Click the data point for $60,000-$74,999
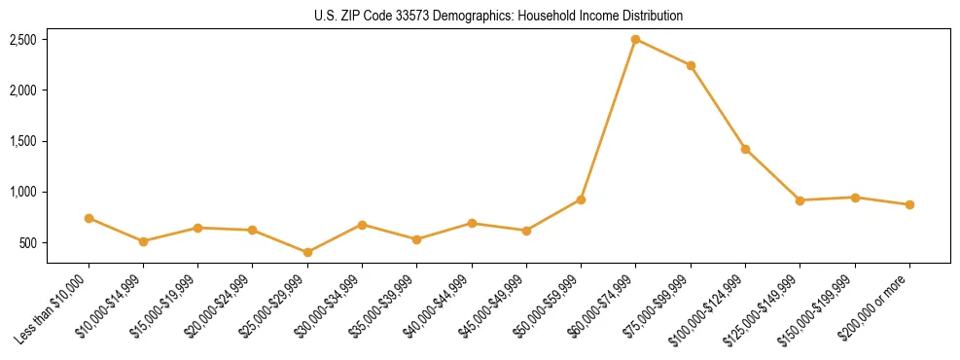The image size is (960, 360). [635, 40]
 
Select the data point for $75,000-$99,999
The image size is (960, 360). [691, 65]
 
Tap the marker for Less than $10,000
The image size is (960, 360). [89, 218]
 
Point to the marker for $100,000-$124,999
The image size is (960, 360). [745, 149]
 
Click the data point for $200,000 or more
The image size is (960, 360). [909, 204]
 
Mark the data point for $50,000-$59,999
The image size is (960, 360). [581, 199]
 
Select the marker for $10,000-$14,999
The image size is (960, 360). [143, 241]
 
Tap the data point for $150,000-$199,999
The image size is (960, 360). [855, 198]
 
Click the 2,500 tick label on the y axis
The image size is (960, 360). [23, 40]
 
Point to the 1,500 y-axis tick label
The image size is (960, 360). [23, 141]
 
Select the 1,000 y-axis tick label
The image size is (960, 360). [23, 192]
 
